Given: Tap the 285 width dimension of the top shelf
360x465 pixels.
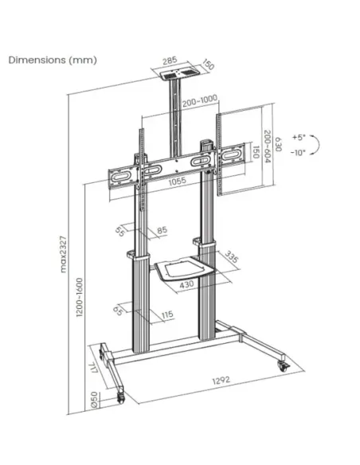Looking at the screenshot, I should click(169, 59).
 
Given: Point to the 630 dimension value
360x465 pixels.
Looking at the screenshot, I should click(279, 144).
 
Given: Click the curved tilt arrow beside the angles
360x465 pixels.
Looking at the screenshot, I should click(316, 145).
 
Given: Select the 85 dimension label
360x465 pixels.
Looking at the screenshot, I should click(162, 232).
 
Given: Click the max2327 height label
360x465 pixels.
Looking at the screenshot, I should click(64, 253).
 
